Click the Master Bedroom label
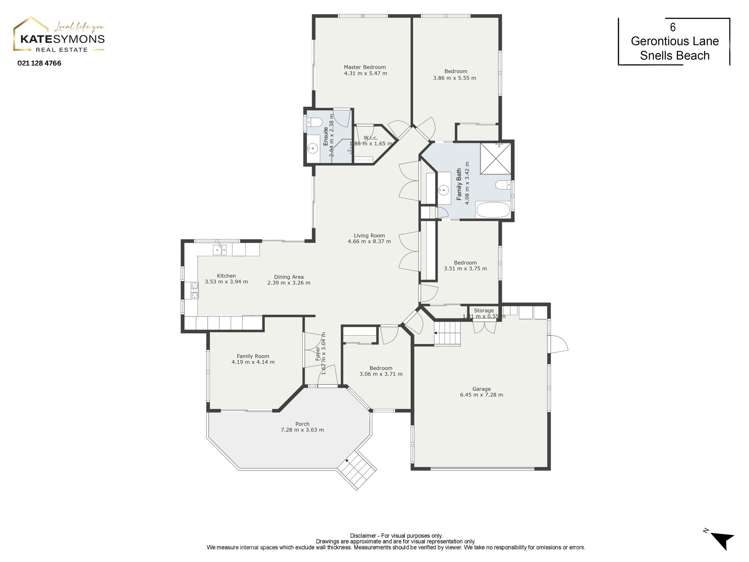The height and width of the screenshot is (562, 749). coord(364,71)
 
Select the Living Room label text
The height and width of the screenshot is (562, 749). coord(369,238)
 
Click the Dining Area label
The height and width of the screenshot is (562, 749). coord(288,279)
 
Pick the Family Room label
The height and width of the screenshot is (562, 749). coord(252,359)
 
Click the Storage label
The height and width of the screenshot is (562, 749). coord(484,313)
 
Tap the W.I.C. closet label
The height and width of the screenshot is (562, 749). coord(370,140)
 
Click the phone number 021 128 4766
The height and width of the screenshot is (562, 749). coord(39,63)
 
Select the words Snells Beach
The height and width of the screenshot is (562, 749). coord(676,56)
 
